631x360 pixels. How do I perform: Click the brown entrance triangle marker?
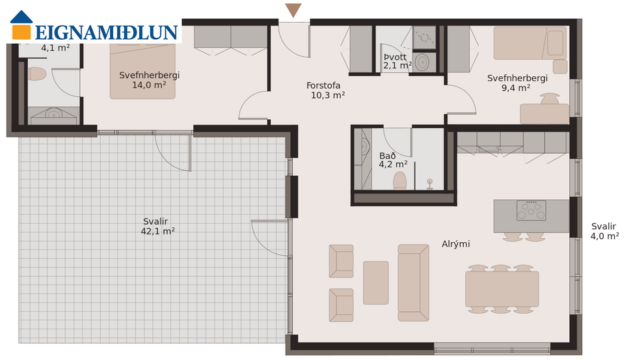click(293, 10)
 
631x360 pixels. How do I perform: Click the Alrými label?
click(455, 244)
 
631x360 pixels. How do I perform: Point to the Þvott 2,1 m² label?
click(397, 61)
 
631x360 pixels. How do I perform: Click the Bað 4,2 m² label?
click(393, 160)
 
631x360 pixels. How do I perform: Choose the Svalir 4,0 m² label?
click(604, 231)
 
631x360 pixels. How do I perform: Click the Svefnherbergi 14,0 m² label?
click(149, 79)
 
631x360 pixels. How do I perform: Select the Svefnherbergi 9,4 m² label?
click(517, 83)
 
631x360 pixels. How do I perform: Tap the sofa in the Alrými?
click(413, 283)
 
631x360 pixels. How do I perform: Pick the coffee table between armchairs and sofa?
click(375, 283)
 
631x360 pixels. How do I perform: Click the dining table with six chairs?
click(502, 288)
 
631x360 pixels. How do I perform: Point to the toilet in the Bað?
click(401, 180)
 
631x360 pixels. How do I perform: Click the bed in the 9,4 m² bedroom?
click(530, 43)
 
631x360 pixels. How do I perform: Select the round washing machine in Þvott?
click(423, 62)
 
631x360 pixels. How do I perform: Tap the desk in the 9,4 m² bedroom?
click(544, 114)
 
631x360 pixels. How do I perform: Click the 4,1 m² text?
click(55, 48)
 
